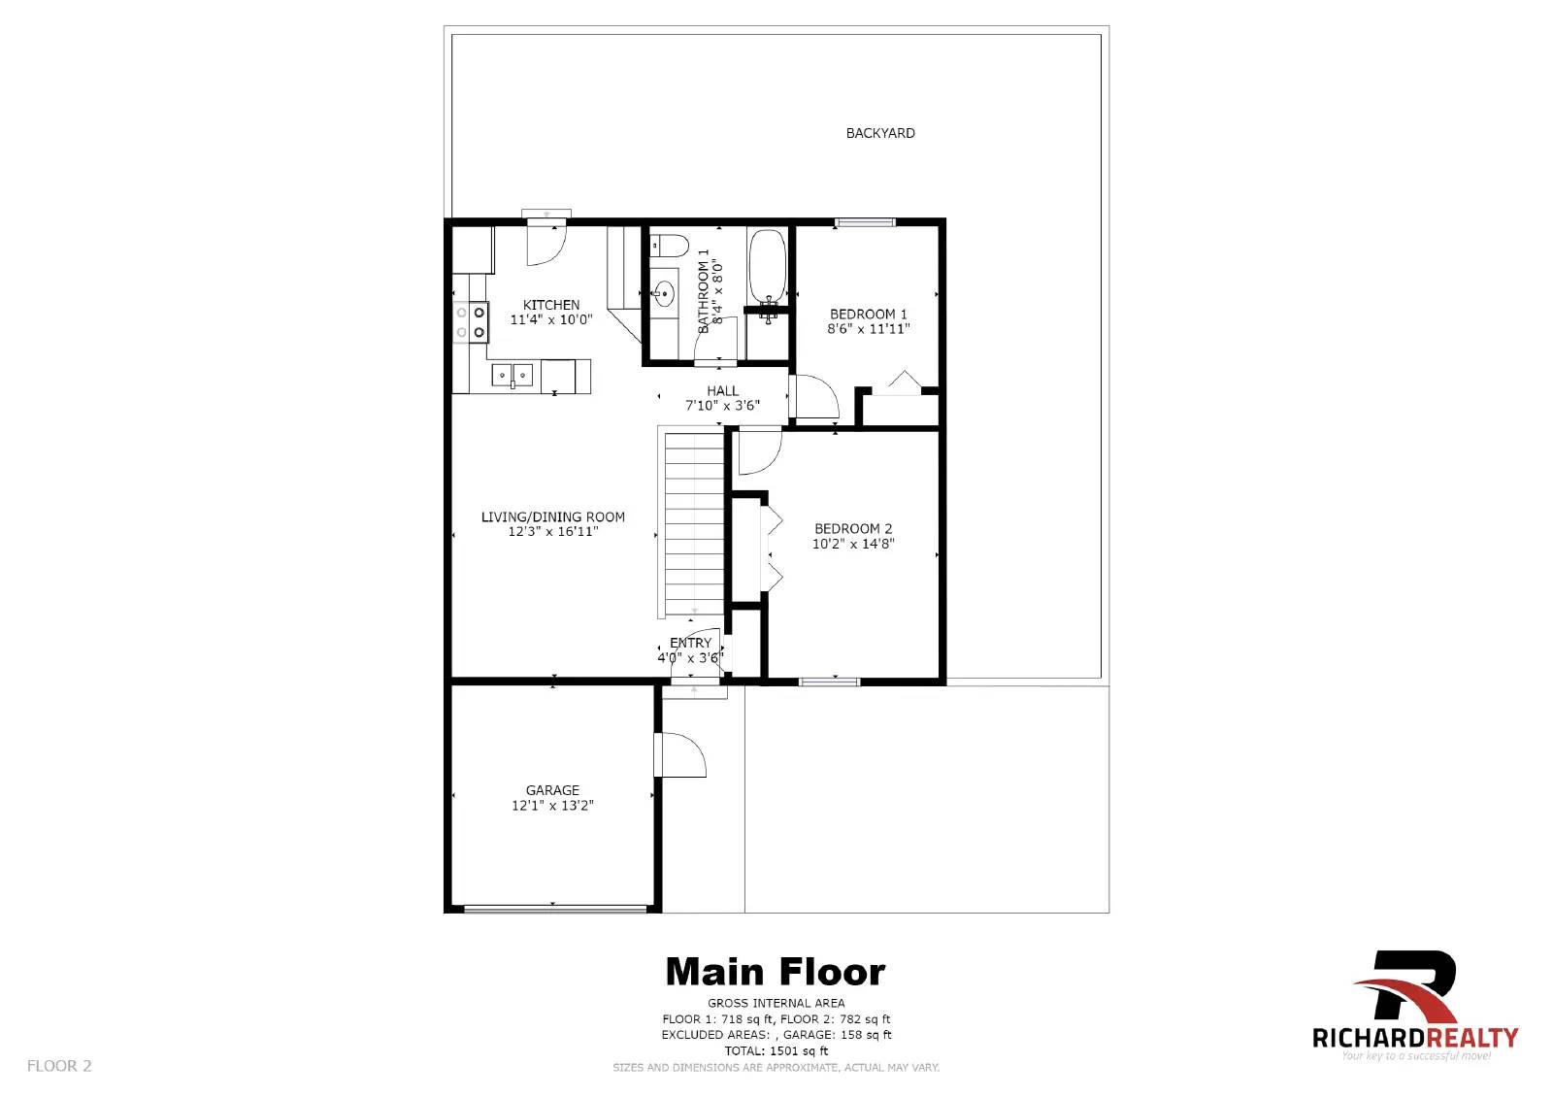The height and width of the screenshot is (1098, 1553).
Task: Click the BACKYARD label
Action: pyautogui.click(x=879, y=133)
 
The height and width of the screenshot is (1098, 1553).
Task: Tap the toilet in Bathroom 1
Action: pyautogui.click(x=668, y=245)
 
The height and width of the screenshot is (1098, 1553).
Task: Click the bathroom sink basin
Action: pyautogui.click(x=665, y=291)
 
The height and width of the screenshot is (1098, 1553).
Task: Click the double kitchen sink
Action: pyautogui.click(x=511, y=374)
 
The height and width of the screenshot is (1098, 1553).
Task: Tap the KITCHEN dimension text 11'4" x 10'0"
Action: pyautogui.click(x=551, y=319)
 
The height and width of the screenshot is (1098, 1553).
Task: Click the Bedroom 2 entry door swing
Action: pyautogui.click(x=757, y=450)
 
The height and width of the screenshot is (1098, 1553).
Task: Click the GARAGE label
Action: pyautogui.click(x=552, y=790)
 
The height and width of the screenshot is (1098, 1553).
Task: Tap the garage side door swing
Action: pyautogui.click(x=681, y=754)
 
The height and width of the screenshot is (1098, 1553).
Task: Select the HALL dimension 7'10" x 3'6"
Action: pyautogui.click(x=722, y=406)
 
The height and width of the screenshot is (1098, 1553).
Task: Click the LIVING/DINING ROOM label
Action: pyautogui.click(x=552, y=516)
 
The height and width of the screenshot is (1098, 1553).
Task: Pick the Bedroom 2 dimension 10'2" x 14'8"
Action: pyautogui.click(x=852, y=544)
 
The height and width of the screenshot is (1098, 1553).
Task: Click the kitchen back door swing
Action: pyautogui.click(x=545, y=243)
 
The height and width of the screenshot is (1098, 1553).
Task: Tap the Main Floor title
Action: pyautogui.click(x=775, y=972)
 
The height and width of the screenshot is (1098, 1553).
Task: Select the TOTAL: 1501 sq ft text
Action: pyautogui.click(x=776, y=1050)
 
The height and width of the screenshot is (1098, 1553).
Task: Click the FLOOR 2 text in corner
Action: pyautogui.click(x=59, y=1065)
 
